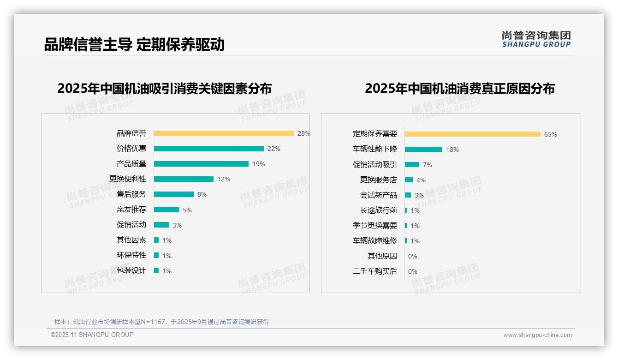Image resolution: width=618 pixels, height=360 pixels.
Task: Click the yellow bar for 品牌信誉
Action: (x=224, y=133)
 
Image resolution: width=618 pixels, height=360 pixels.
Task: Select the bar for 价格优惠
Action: (x=208, y=149)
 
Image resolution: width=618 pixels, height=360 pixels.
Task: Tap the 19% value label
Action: (x=259, y=164)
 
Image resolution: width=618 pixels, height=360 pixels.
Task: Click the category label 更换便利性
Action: (x=128, y=179)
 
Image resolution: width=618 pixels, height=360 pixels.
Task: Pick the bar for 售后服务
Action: (x=174, y=194)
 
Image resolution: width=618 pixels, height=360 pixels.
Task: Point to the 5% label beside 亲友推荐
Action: (x=187, y=210)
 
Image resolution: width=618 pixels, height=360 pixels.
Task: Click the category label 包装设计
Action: (x=131, y=270)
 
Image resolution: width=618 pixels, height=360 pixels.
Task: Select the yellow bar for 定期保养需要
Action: (x=472, y=134)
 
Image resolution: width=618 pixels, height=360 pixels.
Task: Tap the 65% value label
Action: (x=551, y=134)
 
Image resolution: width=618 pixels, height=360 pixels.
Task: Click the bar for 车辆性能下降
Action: (x=423, y=150)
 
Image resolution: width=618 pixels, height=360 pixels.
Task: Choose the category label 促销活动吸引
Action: (x=375, y=165)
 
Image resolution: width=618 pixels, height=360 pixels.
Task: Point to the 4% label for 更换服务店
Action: (x=421, y=180)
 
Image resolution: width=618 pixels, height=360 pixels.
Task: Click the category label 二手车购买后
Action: (x=375, y=271)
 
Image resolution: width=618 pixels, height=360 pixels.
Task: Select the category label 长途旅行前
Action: (x=379, y=210)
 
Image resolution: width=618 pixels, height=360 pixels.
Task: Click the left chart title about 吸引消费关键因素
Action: (x=165, y=88)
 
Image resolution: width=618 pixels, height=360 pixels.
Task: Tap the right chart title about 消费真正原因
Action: (x=460, y=88)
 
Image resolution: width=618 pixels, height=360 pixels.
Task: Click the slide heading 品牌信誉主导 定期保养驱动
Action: (x=134, y=44)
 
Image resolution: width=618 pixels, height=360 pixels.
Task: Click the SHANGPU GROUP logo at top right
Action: (x=536, y=39)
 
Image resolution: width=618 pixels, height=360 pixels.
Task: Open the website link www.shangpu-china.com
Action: (x=537, y=335)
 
